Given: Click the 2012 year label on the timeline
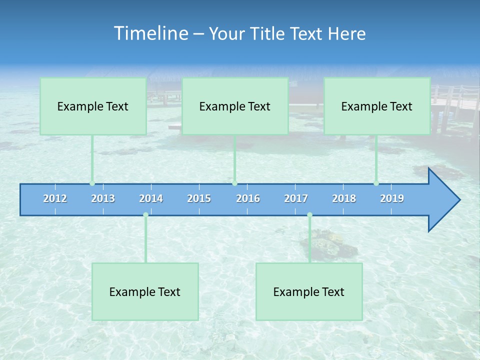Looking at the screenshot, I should coord(55,198).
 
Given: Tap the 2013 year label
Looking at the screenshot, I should coord(103,198).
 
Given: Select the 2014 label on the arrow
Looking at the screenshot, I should coord(151,198).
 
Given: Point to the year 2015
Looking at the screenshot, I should coord(199,198).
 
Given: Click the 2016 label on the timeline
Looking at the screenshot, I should coord(248,198).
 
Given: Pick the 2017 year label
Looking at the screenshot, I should coord(296,198).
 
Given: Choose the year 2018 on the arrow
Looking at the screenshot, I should coord(344,198).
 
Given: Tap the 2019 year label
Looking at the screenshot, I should coord(392,198).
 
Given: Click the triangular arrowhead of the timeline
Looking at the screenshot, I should coord(442,200).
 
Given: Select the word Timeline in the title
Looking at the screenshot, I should coord(149,33).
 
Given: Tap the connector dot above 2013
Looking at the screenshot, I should coord(92,183).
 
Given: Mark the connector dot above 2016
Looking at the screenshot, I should coord(234,183).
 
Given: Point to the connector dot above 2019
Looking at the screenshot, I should coord(376,183).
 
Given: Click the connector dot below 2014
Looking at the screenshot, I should coord(145,215).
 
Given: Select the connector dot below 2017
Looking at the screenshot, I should coord(309,215).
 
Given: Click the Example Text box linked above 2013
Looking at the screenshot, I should coord(93,106).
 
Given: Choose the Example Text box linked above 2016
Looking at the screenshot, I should coord(235,106).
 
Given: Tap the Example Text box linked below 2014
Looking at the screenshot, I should coord(145,291).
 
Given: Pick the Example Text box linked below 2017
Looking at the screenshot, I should coord(309,291).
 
